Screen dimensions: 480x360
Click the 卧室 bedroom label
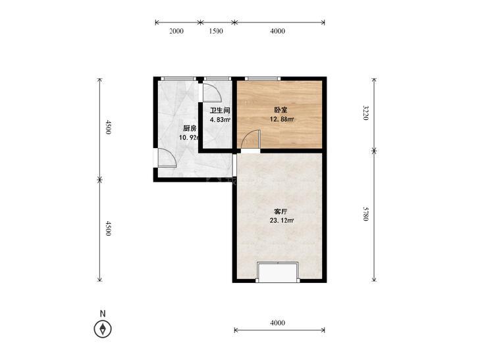[x=280, y=110]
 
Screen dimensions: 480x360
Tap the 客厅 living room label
[x=280, y=212]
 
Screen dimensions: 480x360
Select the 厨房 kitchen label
[x=190, y=128]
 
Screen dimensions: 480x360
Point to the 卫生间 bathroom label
[x=220, y=111]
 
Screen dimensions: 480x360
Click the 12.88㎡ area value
[x=282, y=119]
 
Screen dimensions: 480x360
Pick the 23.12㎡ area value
[x=282, y=220]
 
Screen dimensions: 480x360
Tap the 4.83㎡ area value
[x=220, y=120]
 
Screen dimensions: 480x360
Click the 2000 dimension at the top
[x=176, y=31]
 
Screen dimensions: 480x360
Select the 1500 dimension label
[x=216, y=31]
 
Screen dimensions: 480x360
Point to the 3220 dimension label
[x=366, y=113]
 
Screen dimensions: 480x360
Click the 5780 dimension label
[x=366, y=213]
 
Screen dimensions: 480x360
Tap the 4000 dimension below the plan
[x=278, y=322]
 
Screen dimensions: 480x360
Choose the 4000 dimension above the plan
[x=278, y=31]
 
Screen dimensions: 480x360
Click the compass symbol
[x=103, y=329]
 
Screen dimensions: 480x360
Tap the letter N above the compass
[x=103, y=313]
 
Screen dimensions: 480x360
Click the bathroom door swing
[x=212, y=93]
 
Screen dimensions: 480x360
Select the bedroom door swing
[x=251, y=139]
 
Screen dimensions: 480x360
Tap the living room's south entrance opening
[x=278, y=272]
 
